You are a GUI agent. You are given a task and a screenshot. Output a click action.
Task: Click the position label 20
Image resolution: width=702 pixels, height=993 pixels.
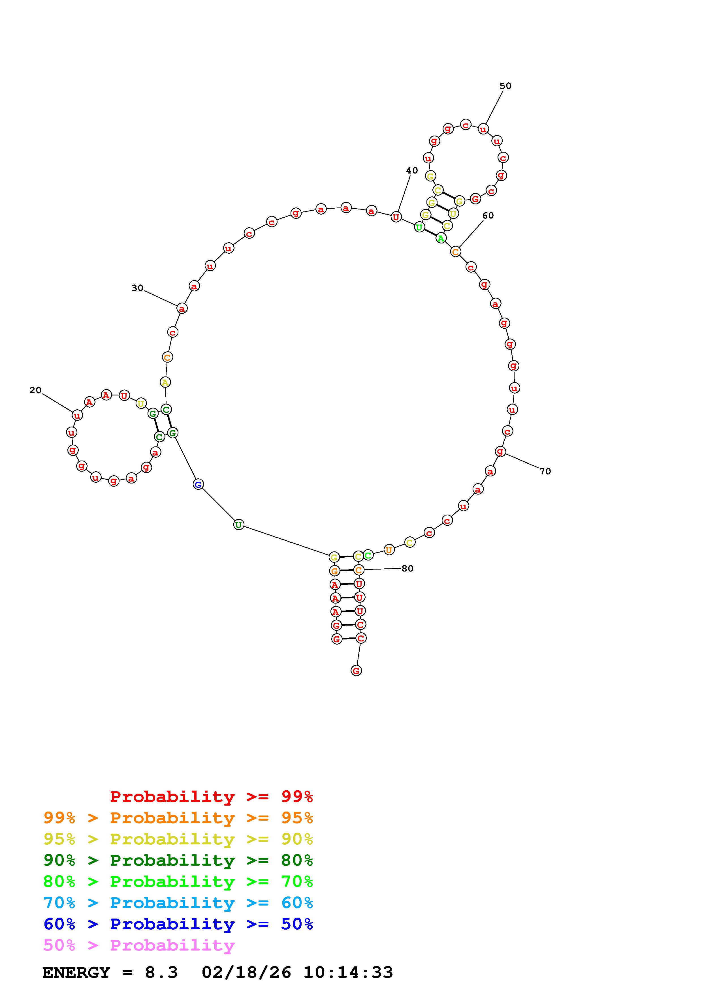tap(35, 390)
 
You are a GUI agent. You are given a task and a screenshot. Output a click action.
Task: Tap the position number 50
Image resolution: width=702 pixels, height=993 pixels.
tap(505, 86)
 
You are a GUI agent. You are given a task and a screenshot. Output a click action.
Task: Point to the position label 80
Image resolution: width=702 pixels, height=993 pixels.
tap(407, 568)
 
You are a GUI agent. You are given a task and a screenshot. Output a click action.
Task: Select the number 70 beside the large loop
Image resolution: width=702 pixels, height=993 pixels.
tap(545, 471)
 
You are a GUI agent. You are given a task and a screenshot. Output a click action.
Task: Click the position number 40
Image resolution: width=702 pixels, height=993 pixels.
tap(412, 170)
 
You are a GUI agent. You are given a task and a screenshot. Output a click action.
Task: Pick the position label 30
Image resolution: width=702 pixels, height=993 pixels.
tap(138, 288)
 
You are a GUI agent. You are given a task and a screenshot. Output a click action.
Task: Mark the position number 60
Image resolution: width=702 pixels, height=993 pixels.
tap(488, 215)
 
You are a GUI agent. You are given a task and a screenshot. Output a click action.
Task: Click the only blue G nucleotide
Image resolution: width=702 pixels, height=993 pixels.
tap(198, 484)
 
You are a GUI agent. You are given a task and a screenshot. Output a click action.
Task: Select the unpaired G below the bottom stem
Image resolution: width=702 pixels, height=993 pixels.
tap(356, 670)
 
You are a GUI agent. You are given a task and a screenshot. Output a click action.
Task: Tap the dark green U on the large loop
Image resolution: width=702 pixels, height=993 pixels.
tap(238, 525)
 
